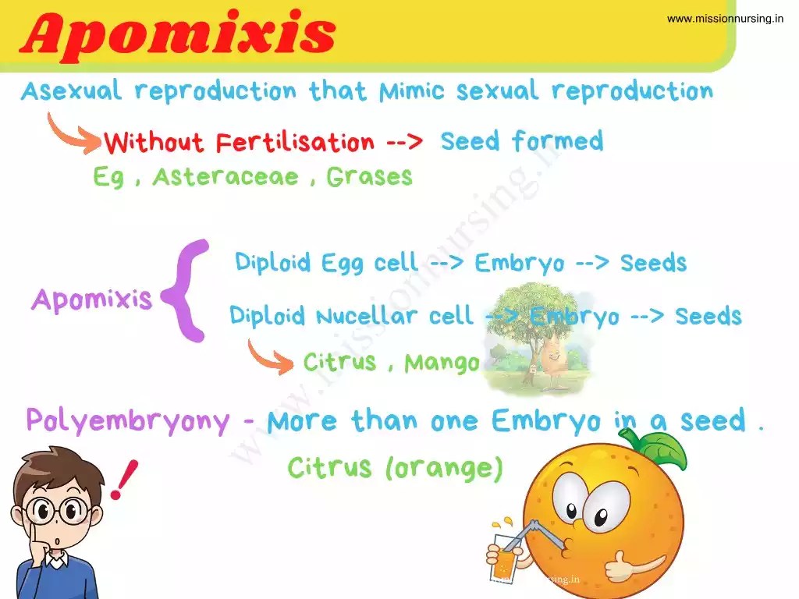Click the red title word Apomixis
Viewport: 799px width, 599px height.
[178, 33]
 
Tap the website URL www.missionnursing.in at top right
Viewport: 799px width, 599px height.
[725, 19]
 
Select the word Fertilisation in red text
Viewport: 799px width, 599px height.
[295, 143]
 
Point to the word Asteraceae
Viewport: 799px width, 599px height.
[225, 177]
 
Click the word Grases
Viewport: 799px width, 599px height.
[369, 177]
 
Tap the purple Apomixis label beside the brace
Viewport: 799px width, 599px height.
[91, 299]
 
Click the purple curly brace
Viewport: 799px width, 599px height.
[188, 291]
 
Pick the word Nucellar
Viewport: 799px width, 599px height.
[368, 316]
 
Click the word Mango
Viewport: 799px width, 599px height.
[442, 363]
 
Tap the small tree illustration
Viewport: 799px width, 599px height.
[534, 335]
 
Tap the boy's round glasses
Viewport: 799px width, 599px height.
[55, 512]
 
